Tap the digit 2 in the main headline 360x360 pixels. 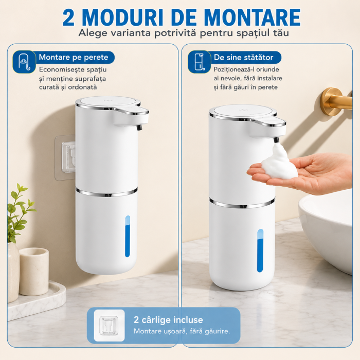68,17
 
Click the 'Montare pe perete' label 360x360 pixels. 74,57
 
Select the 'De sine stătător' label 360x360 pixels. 243,58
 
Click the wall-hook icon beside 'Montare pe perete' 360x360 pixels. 24,62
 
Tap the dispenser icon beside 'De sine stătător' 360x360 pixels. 200,62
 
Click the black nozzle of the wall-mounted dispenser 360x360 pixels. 139,127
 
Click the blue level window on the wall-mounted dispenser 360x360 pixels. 128,236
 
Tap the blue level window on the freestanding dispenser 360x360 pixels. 260,250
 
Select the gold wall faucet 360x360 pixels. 337,101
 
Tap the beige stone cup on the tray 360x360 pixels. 34,271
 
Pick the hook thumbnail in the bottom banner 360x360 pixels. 109,326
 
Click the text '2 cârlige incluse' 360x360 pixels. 168,320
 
